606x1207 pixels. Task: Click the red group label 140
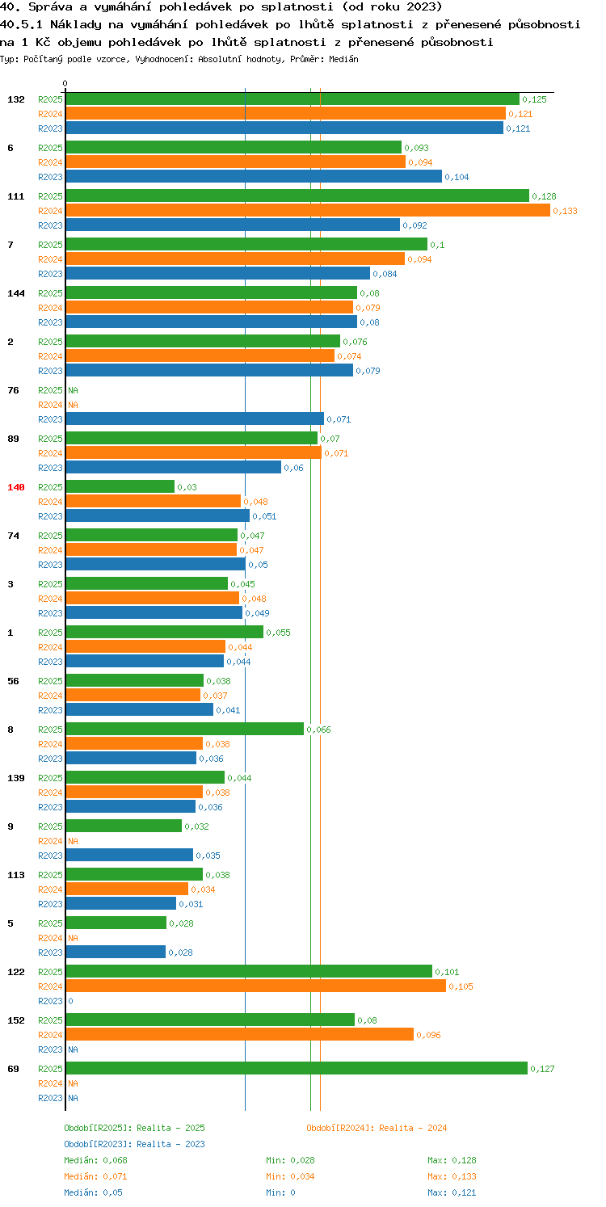tap(15, 487)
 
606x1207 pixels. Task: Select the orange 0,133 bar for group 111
tap(308, 210)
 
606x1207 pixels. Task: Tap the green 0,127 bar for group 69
tap(297, 1068)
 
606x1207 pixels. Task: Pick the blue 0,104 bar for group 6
tap(254, 176)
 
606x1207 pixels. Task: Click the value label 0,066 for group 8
tap(318, 730)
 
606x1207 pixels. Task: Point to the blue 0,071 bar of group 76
tap(195, 418)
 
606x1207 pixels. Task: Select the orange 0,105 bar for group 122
tap(256, 986)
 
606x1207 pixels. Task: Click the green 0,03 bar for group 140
tap(120, 486)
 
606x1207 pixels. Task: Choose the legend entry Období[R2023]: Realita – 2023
tap(134, 1144)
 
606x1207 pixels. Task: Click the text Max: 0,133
tap(452, 1176)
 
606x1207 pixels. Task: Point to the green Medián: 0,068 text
tap(95, 1160)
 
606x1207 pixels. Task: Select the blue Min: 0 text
tap(280, 1192)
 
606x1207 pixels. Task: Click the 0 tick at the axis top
tap(65, 83)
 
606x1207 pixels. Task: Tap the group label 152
tap(15, 1020)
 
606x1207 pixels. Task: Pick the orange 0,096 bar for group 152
tap(240, 1034)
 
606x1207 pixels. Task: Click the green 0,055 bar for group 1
tap(165, 632)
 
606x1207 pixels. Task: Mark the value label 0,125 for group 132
tap(534, 99)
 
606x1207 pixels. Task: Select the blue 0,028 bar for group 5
tap(116, 952)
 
